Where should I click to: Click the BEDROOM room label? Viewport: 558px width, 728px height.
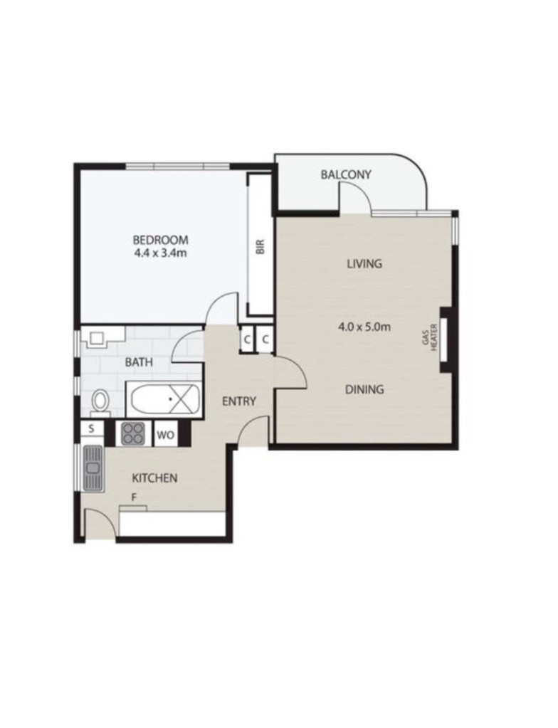(x=161, y=240)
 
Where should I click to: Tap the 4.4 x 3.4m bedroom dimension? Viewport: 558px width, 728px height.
(x=161, y=253)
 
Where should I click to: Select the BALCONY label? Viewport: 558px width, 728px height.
(x=346, y=174)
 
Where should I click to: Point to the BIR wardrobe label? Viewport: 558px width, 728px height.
(x=260, y=246)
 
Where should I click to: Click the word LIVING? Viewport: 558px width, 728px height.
(x=364, y=264)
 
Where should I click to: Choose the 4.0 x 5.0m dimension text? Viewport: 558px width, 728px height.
(x=364, y=327)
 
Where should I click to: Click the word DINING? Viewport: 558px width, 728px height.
(x=364, y=389)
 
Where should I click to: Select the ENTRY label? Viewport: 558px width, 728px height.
(x=239, y=401)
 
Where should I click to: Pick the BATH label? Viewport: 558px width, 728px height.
(x=139, y=362)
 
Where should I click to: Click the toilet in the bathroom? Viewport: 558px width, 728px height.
(x=100, y=401)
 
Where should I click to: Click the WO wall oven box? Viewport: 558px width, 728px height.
(x=166, y=436)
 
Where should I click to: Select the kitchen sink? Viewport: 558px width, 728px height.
(x=93, y=468)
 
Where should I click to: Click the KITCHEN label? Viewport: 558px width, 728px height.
(x=154, y=478)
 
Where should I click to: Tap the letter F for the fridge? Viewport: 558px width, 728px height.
(x=134, y=497)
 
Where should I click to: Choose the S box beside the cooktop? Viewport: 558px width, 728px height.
(x=92, y=429)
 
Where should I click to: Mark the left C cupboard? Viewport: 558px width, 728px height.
(x=247, y=340)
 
